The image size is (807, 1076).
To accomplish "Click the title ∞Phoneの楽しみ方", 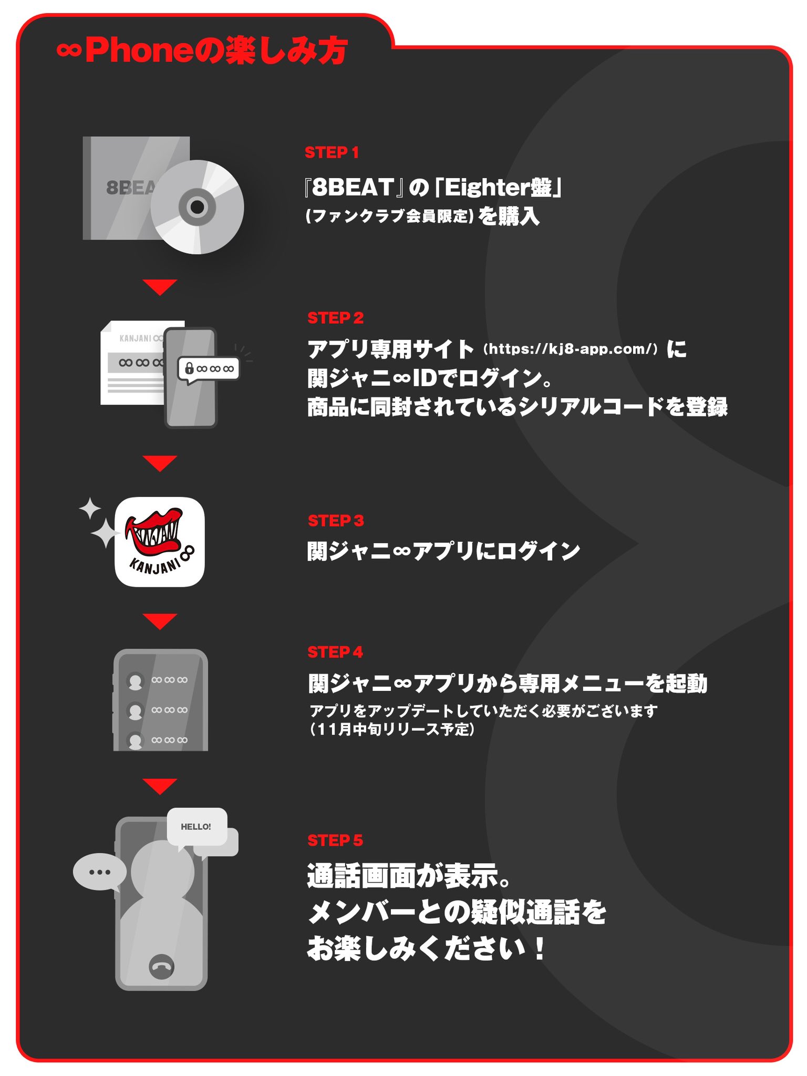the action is (202, 51).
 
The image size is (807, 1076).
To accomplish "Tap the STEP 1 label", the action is (332, 152).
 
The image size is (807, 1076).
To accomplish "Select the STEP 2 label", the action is (335, 318).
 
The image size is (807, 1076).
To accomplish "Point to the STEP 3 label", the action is (335, 521).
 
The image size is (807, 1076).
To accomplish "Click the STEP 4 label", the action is (335, 652).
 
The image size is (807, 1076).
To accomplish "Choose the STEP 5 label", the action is (335, 841).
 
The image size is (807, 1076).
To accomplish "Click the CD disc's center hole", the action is (198, 207).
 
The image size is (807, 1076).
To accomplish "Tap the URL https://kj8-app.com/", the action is (571, 349).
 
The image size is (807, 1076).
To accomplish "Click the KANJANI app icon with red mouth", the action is (160, 542).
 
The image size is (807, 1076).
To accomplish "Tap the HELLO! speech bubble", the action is (196, 826).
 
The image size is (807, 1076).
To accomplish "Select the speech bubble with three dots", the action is (100, 872).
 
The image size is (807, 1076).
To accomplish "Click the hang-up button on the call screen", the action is (162, 967).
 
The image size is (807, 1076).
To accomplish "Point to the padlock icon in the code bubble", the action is (189, 368).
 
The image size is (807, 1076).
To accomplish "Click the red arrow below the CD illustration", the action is (160, 287).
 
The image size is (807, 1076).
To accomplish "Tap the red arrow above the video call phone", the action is (160, 786).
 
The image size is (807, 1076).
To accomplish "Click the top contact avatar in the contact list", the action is (136, 681).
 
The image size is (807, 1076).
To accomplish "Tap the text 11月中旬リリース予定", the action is (392, 729).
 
